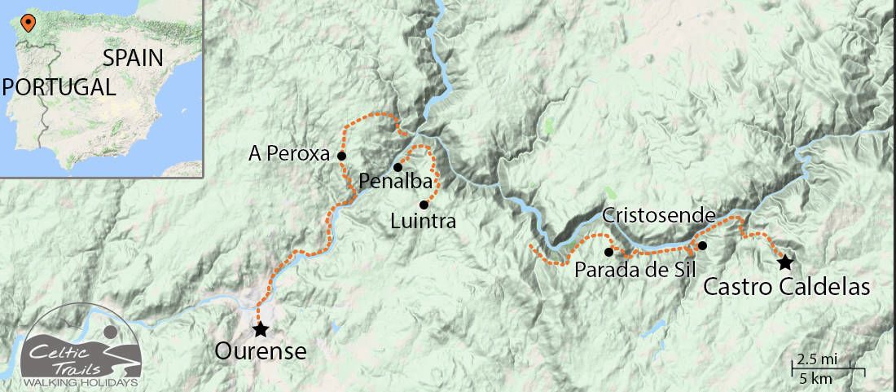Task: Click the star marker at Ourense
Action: coord(260,329)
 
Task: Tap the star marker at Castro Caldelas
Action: coord(784,262)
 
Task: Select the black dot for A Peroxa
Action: coord(342,156)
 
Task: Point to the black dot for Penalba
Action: coord(397,167)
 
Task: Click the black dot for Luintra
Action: coord(424,204)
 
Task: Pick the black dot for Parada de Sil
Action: coord(609,252)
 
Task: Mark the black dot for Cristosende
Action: coord(702,245)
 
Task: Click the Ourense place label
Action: coord(261,352)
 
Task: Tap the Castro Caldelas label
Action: coord(786,287)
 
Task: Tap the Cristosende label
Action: coord(659,216)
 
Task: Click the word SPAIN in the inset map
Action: coord(133,58)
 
